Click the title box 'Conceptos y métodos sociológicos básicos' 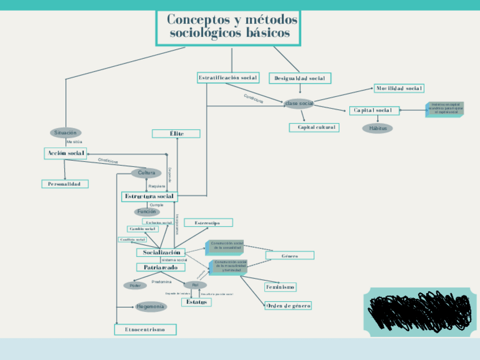coord(228,27)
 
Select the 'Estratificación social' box coord(228,78)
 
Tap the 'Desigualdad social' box coord(299,78)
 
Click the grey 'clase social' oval coord(299,103)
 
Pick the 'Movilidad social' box coord(399,88)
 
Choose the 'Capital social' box coord(374,110)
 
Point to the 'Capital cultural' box coord(313,127)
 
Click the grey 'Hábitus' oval coord(378,128)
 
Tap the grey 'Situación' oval coord(66,132)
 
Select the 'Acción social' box coord(65,153)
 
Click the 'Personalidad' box coord(65,184)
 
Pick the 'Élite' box coord(176,134)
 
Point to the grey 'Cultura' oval coord(146,173)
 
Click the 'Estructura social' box coord(149,196)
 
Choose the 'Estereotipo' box coord(208,223)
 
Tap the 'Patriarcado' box coord(160,267)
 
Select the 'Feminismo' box coord(280,287)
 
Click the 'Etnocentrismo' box coord(145,329)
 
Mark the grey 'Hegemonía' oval coord(151,307)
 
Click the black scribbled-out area coord(419,311)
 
